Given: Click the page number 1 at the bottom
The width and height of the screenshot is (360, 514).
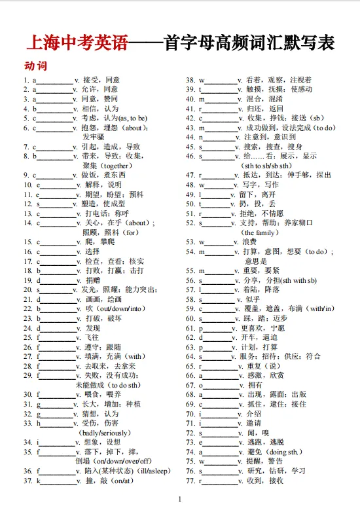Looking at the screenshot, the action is click(x=179, y=500).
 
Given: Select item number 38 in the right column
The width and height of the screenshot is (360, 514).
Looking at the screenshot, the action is click(x=191, y=80).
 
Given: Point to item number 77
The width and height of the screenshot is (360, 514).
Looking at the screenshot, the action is click(x=191, y=481).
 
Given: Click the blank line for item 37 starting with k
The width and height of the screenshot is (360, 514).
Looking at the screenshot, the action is click(x=58, y=481).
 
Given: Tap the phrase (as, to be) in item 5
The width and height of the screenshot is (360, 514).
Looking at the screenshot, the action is click(x=132, y=118).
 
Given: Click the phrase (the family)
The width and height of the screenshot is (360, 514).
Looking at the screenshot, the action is click(x=259, y=232).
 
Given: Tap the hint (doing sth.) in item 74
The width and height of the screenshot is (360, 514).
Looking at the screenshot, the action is click(x=285, y=452).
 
